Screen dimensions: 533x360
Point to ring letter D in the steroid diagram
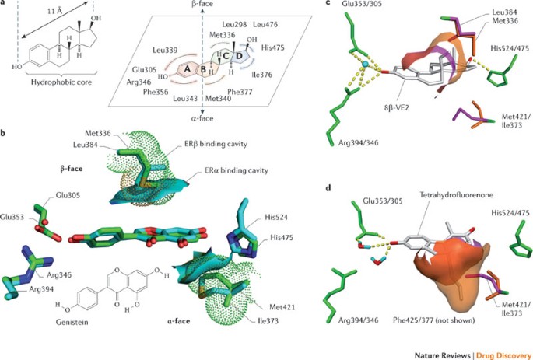click(x=238, y=55)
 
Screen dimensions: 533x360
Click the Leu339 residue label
click(x=167, y=48)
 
